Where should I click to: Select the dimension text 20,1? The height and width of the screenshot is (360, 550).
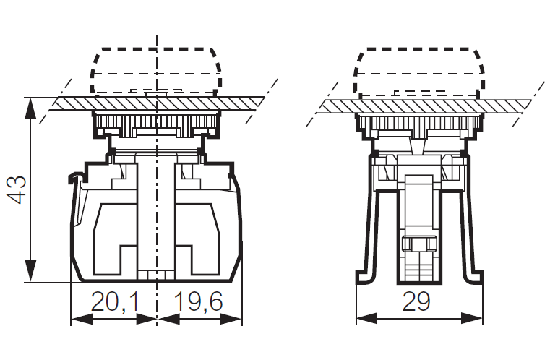(x=115, y=303)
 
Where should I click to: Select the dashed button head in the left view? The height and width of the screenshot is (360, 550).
(x=155, y=70)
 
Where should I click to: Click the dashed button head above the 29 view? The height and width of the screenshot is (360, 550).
(x=417, y=70)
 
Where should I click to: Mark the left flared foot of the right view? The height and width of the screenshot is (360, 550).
(x=364, y=275)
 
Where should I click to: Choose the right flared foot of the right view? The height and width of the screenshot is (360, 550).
(x=473, y=275)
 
